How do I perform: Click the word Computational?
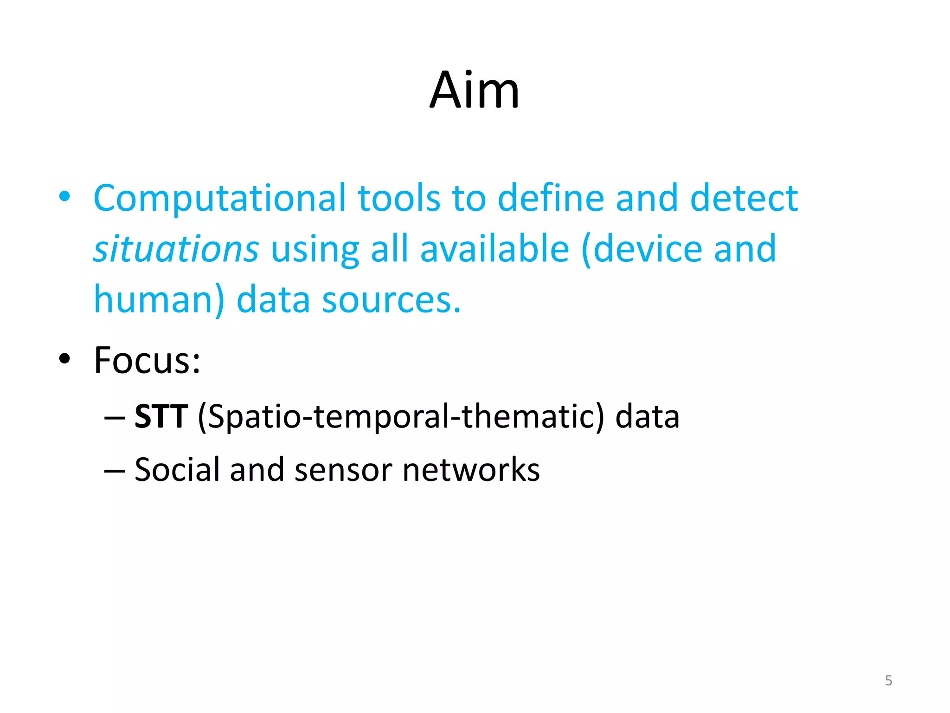pyautogui.click(x=219, y=198)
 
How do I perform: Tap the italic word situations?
pyautogui.click(x=176, y=249)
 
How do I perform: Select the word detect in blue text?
pyautogui.click(x=744, y=198)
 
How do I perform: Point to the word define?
pyautogui.click(x=551, y=198)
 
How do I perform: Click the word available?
pyautogui.click(x=494, y=249)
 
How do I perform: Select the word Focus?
pyautogui.click(x=147, y=360)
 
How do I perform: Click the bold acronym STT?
pyautogui.click(x=161, y=416)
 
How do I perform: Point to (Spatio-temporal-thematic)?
pyautogui.click(x=401, y=416)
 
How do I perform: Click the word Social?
pyautogui.click(x=177, y=470)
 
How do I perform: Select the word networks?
pyautogui.click(x=471, y=470)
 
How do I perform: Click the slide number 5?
pyautogui.click(x=888, y=681)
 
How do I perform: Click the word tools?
pyautogui.click(x=398, y=198)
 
